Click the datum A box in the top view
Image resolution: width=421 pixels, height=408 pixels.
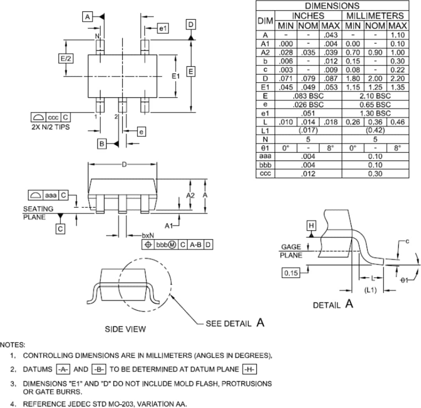(x=87, y=17)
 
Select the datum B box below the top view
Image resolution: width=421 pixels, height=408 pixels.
(x=102, y=144)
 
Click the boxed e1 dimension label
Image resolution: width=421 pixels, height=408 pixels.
(x=163, y=28)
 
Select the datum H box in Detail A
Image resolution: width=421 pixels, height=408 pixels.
(x=311, y=226)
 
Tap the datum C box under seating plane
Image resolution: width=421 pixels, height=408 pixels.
(x=60, y=229)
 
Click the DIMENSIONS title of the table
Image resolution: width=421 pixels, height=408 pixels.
(x=332, y=6)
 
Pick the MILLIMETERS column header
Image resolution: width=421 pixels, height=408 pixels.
(x=375, y=16)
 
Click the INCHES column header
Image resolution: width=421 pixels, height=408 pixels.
(x=308, y=16)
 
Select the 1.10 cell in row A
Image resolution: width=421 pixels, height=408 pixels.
(x=398, y=35)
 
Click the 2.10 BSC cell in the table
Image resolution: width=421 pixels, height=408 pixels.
(x=375, y=96)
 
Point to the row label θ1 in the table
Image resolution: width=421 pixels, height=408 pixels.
(x=265, y=148)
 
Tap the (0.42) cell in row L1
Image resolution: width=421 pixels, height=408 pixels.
(x=375, y=131)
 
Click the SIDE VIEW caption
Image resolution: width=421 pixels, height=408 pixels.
(x=126, y=329)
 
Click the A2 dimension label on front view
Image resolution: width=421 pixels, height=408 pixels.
(x=190, y=195)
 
